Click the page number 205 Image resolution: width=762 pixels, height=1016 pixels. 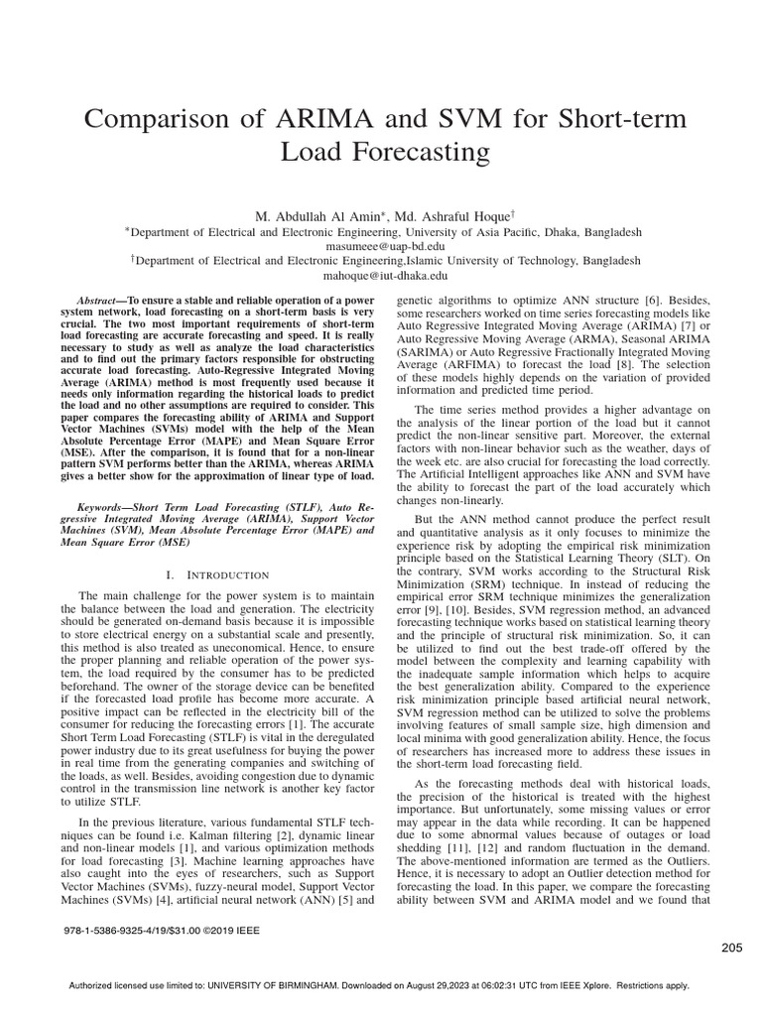(732, 948)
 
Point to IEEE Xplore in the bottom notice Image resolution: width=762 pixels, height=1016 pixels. (575, 986)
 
